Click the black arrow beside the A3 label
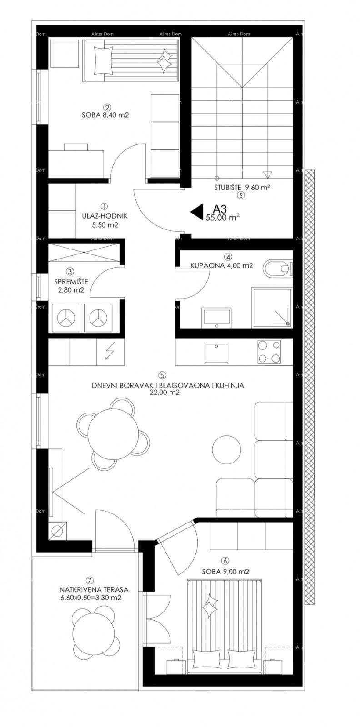(196, 212)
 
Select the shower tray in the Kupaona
(271, 307)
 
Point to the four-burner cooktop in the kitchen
(268, 351)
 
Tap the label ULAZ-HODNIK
(105, 216)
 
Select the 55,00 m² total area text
(223, 218)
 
